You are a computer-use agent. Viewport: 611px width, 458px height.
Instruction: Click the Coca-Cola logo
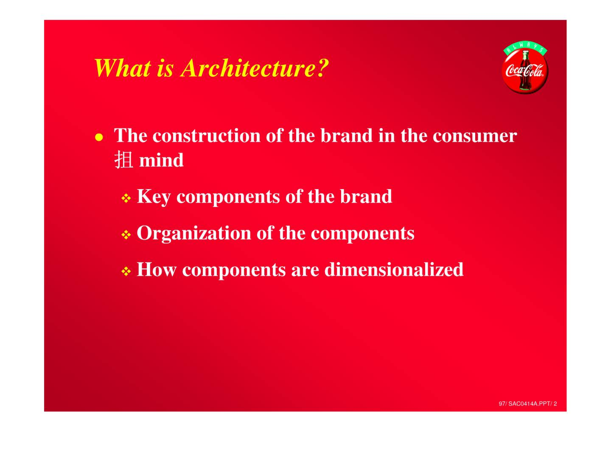point(525,68)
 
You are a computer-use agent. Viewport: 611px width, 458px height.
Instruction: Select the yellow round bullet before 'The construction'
point(99,137)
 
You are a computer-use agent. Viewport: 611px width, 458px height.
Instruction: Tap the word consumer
point(474,136)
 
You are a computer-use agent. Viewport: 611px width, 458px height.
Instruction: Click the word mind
point(161,160)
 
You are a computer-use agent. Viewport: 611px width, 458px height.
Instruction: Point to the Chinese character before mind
point(123,160)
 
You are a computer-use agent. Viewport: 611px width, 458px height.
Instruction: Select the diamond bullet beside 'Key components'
point(126,198)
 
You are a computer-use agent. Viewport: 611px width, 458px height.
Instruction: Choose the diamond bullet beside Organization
point(126,235)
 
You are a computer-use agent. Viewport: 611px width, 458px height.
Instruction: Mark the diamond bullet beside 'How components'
point(126,271)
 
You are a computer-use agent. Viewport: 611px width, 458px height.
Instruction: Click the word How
point(157,269)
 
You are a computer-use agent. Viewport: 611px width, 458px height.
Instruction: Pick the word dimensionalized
point(394,269)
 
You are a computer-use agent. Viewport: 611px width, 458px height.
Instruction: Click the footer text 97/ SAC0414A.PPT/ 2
point(528,404)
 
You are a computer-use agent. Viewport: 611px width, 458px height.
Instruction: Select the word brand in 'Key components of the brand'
point(366,197)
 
